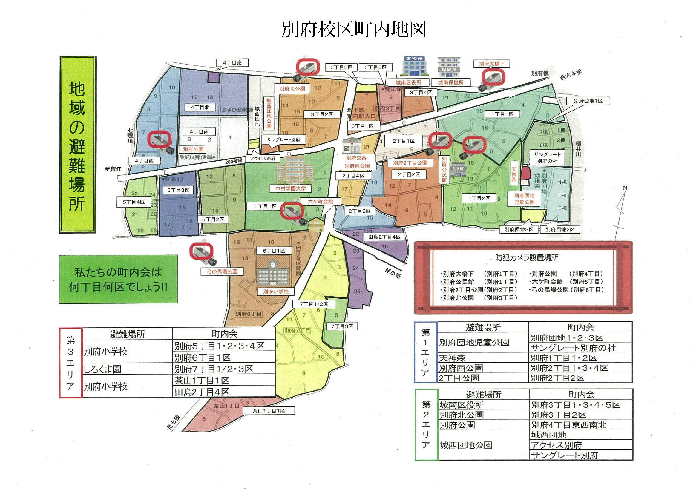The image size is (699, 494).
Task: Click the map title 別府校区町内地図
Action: pyautogui.click(x=353, y=30)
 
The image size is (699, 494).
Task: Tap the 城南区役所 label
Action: pyautogui.click(x=408, y=82)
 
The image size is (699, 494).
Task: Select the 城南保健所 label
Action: pyautogui.click(x=450, y=82)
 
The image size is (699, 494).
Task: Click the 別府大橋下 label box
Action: pyautogui.click(x=491, y=64)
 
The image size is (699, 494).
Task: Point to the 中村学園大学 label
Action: pyautogui.click(x=290, y=189)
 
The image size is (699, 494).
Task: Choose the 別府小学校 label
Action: pyautogui.click(x=275, y=292)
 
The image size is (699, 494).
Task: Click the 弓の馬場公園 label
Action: pyautogui.click(x=222, y=271)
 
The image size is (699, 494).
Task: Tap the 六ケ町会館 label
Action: pyautogui.click(x=320, y=202)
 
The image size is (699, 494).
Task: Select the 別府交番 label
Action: pyautogui.click(x=356, y=158)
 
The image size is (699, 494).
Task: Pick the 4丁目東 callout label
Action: pyautogui.click(x=232, y=63)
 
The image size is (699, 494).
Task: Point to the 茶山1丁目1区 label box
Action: pyautogui.click(x=269, y=411)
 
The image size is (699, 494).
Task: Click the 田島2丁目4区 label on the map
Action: pyautogui.click(x=384, y=237)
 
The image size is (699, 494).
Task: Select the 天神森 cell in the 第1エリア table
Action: pyautogui.click(x=452, y=358)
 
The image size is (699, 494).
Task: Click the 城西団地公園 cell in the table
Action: pyautogui.click(x=466, y=445)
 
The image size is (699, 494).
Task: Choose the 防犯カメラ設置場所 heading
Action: pyautogui.click(x=526, y=258)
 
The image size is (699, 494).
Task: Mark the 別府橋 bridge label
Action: pyautogui.click(x=540, y=73)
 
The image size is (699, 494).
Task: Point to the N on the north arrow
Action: pyautogui.click(x=625, y=188)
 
